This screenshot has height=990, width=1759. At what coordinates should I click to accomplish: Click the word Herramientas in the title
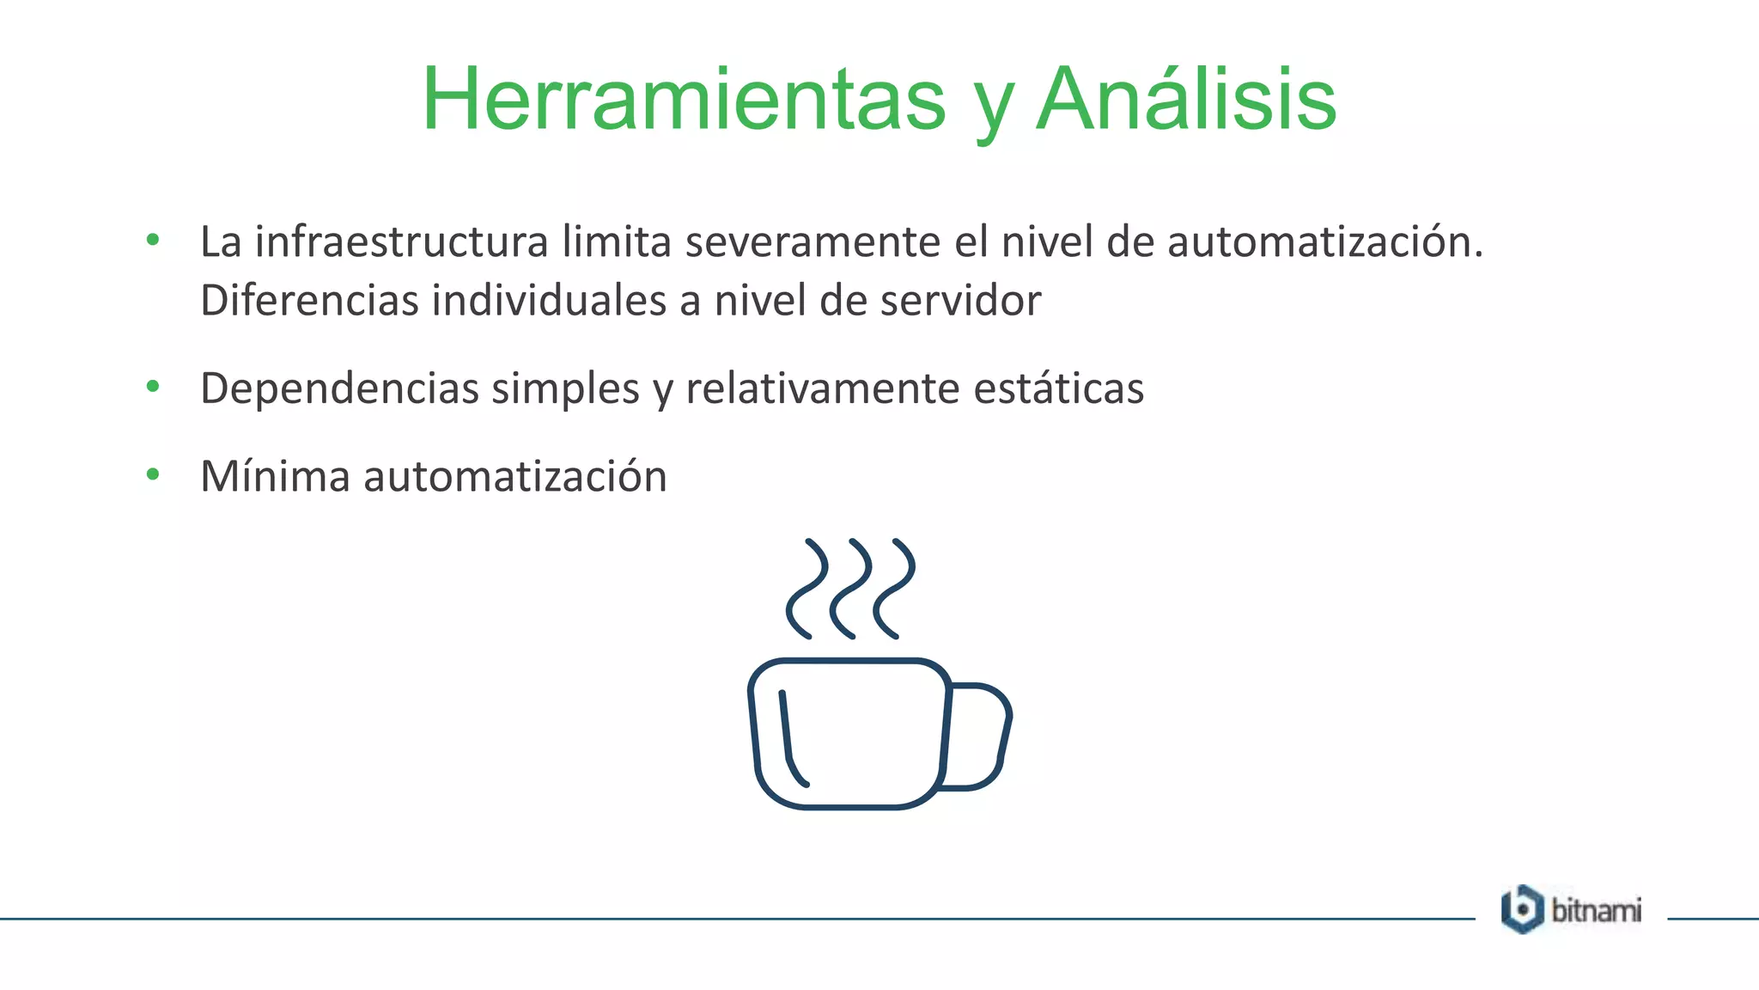[x=684, y=101]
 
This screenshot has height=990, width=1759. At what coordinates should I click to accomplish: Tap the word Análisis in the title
[x=1186, y=101]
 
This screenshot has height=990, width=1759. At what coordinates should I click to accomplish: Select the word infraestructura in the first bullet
[x=401, y=241]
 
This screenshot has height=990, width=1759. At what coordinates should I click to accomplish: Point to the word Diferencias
[x=309, y=301]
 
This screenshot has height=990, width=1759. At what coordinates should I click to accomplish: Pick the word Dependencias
[x=339, y=388]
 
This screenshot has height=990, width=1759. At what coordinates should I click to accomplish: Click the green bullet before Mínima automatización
[x=153, y=474]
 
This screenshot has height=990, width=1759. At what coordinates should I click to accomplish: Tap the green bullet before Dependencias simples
[x=153, y=387]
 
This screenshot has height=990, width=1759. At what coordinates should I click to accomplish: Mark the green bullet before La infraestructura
[x=153, y=240]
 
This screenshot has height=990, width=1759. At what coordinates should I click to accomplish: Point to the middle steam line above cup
[x=850, y=590]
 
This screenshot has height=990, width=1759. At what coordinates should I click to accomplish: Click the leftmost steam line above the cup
[x=806, y=590]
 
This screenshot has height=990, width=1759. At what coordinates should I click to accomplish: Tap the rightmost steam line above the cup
[x=894, y=590]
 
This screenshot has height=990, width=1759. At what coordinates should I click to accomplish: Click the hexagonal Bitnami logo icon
[x=1522, y=909]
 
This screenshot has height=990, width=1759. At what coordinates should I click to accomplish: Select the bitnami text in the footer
[x=1596, y=910]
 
